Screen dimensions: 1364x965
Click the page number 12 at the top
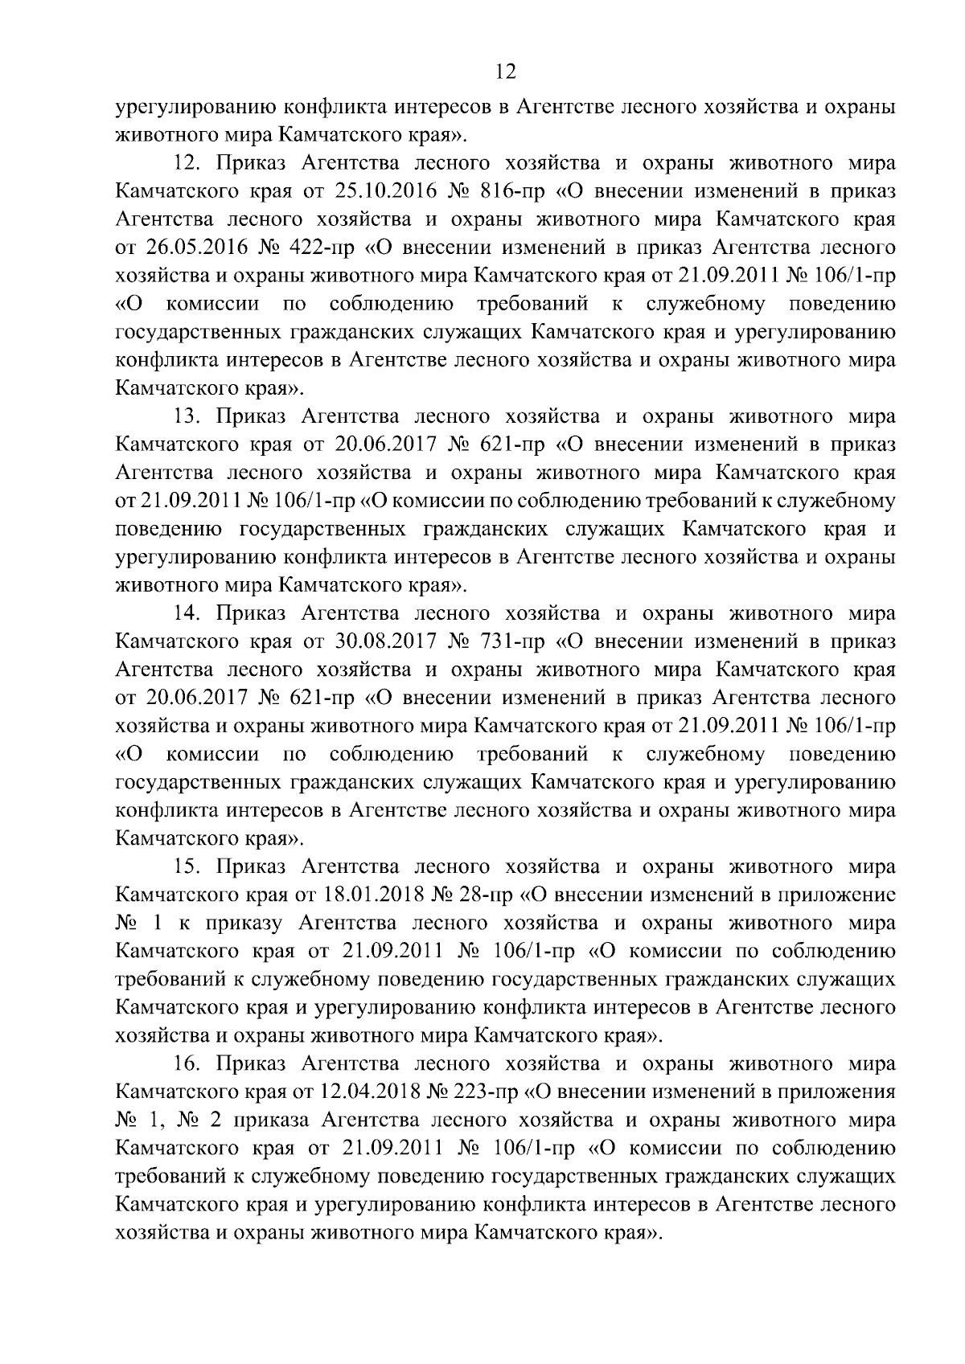[x=506, y=73]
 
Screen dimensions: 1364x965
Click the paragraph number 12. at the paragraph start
[x=191, y=164]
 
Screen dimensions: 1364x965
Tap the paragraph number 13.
[x=191, y=417]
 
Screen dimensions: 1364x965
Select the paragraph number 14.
[x=191, y=614]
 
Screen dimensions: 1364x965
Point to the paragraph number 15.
[x=191, y=867]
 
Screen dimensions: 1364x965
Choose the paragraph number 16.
[x=191, y=1064]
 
